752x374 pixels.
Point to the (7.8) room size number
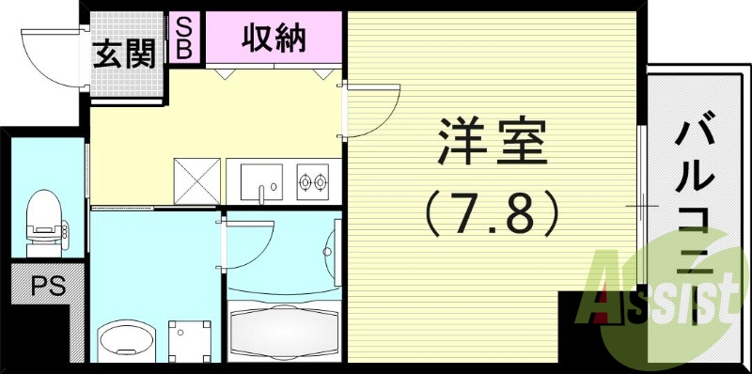(x=491, y=214)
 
